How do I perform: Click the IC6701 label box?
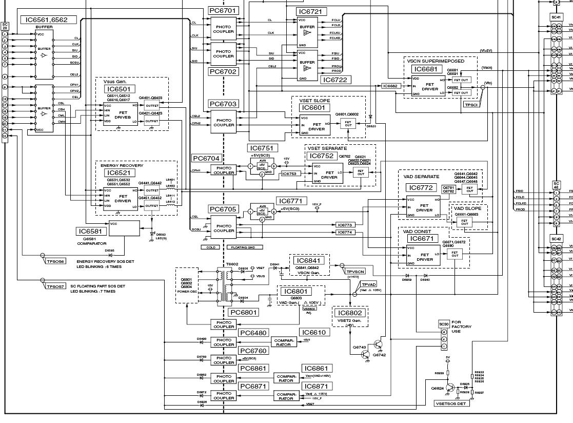coord(223,11)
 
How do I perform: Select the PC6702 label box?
coord(223,72)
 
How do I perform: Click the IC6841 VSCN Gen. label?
coord(309,261)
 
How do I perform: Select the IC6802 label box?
coord(350,313)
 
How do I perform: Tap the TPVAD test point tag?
coord(369,284)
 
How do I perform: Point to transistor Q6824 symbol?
coord(450,389)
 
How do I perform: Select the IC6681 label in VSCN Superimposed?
coord(426,69)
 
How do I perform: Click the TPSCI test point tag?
coord(471,104)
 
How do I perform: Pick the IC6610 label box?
coord(313,333)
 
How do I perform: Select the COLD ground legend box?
coord(210,247)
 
